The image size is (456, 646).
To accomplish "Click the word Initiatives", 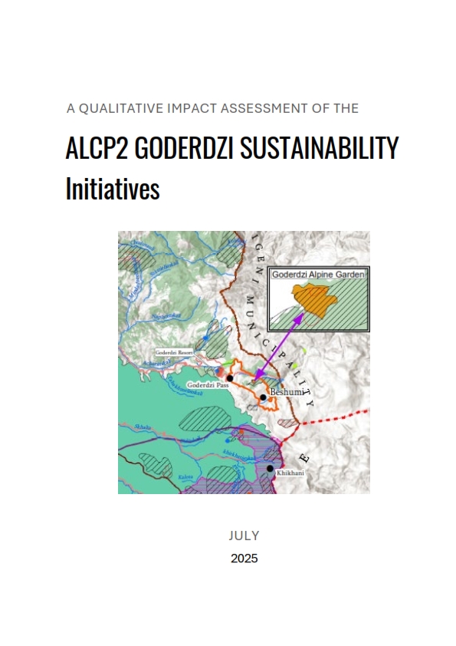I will click(x=112, y=189).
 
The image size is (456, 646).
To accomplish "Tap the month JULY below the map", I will click(x=244, y=536).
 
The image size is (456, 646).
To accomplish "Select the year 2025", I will click(x=244, y=559).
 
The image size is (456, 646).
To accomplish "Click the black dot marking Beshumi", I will click(x=263, y=397).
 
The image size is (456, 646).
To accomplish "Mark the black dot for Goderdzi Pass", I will click(x=230, y=378).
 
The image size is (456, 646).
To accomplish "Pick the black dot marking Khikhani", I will click(x=270, y=467).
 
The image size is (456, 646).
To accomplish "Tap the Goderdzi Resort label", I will click(x=172, y=353).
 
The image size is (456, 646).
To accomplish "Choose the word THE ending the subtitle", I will click(x=346, y=109).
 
